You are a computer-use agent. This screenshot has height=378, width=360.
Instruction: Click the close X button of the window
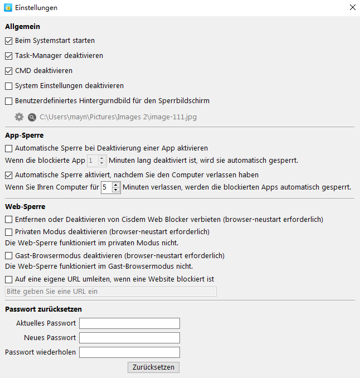pyautogui.click(x=352, y=8)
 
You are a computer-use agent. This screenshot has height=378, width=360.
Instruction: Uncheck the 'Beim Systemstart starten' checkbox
pyautogui.click(x=8, y=41)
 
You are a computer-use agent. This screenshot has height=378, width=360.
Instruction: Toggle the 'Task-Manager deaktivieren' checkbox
pyautogui.click(x=8, y=56)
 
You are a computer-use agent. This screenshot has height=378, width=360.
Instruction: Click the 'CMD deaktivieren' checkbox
pyautogui.click(x=8, y=71)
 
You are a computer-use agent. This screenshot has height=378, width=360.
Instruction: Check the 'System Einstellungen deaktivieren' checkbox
pyautogui.click(x=8, y=86)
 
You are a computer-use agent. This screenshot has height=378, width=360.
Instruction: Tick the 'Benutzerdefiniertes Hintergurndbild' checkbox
pyautogui.click(x=8, y=101)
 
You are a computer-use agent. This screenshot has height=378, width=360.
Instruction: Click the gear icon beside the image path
pyautogui.click(x=20, y=117)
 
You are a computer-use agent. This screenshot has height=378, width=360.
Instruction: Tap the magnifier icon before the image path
pyautogui.click(x=32, y=117)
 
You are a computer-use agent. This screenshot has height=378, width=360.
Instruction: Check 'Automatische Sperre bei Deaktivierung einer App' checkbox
pyautogui.click(x=8, y=148)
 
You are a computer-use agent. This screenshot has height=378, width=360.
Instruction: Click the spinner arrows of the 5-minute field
pyautogui.click(x=116, y=187)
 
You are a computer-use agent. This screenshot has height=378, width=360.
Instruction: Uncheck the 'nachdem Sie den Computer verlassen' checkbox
pyautogui.click(x=8, y=175)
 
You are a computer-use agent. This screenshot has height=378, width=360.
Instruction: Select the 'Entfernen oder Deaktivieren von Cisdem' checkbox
pyautogui.click(x=8, y=220)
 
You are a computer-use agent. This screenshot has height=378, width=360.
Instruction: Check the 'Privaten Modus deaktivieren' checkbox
pyautogui.click(x=8, y=231)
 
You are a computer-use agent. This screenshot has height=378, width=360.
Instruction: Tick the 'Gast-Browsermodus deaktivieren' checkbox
pyautogui.click(x=8, y=255)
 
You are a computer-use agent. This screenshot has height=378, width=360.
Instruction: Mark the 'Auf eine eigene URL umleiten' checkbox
pyautogui.click(x=8, y=279)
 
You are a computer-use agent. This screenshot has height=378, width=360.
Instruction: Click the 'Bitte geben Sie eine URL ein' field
pyautogui.click(x=110, y=292)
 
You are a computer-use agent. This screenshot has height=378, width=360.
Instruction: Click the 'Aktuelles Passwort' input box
pyautogui.click(x=129, y=323)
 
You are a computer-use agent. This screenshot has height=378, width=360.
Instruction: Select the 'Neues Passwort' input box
pyautogui.click(x=129, y=338)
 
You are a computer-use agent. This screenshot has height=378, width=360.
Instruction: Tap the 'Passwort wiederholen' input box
pyautogui.click(x=129, y=352)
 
